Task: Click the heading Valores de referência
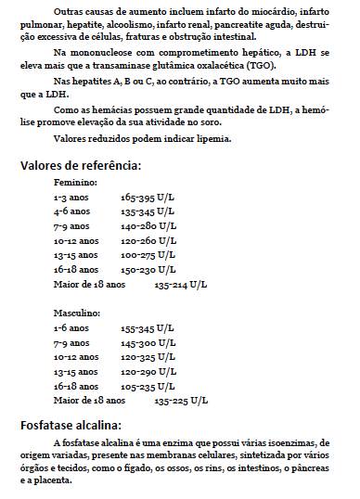(81, 166)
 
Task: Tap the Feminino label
(75, 184)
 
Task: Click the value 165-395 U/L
(147, 198)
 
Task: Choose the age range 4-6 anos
(71, 212)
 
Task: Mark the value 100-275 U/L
(147, 255)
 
